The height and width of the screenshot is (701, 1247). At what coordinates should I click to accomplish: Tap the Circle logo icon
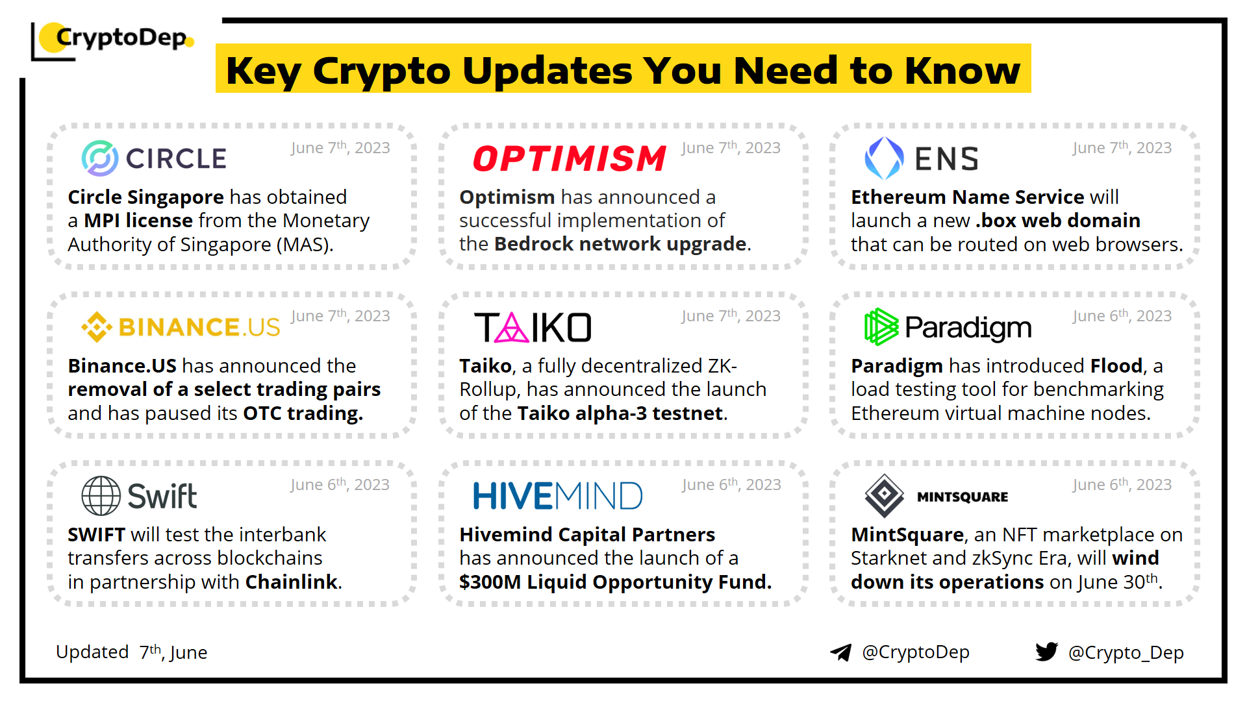[x=100, y=158]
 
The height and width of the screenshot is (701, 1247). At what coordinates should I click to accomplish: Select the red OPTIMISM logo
[x=570, y=158]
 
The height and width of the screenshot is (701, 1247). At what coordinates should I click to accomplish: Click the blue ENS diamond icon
[x=884, y=158]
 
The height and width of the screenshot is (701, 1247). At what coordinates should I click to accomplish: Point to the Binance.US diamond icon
[x=97, y=327]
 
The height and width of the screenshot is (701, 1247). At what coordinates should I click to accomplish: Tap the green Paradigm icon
[x=881, y=326]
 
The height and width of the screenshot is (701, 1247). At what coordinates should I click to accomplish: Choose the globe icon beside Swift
[x=101, y=496]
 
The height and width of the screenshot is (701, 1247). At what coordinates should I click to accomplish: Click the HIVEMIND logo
[x=558, y=496]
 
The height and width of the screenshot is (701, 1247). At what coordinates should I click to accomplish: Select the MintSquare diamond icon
[x=884, y=496]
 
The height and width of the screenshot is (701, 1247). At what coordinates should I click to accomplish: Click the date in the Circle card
[x=340, y=148]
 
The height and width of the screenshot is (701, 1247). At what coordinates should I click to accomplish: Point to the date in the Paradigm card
[x=1122, y=316]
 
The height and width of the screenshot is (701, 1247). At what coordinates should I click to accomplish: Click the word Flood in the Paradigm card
[x=1116, y=366]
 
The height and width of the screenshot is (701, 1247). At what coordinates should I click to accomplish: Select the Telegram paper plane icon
[x=841, y=652]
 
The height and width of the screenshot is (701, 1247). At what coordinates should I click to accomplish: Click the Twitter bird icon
[x=1047, y=652]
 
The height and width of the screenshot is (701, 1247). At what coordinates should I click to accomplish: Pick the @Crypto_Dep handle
[x=1126, y=652]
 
